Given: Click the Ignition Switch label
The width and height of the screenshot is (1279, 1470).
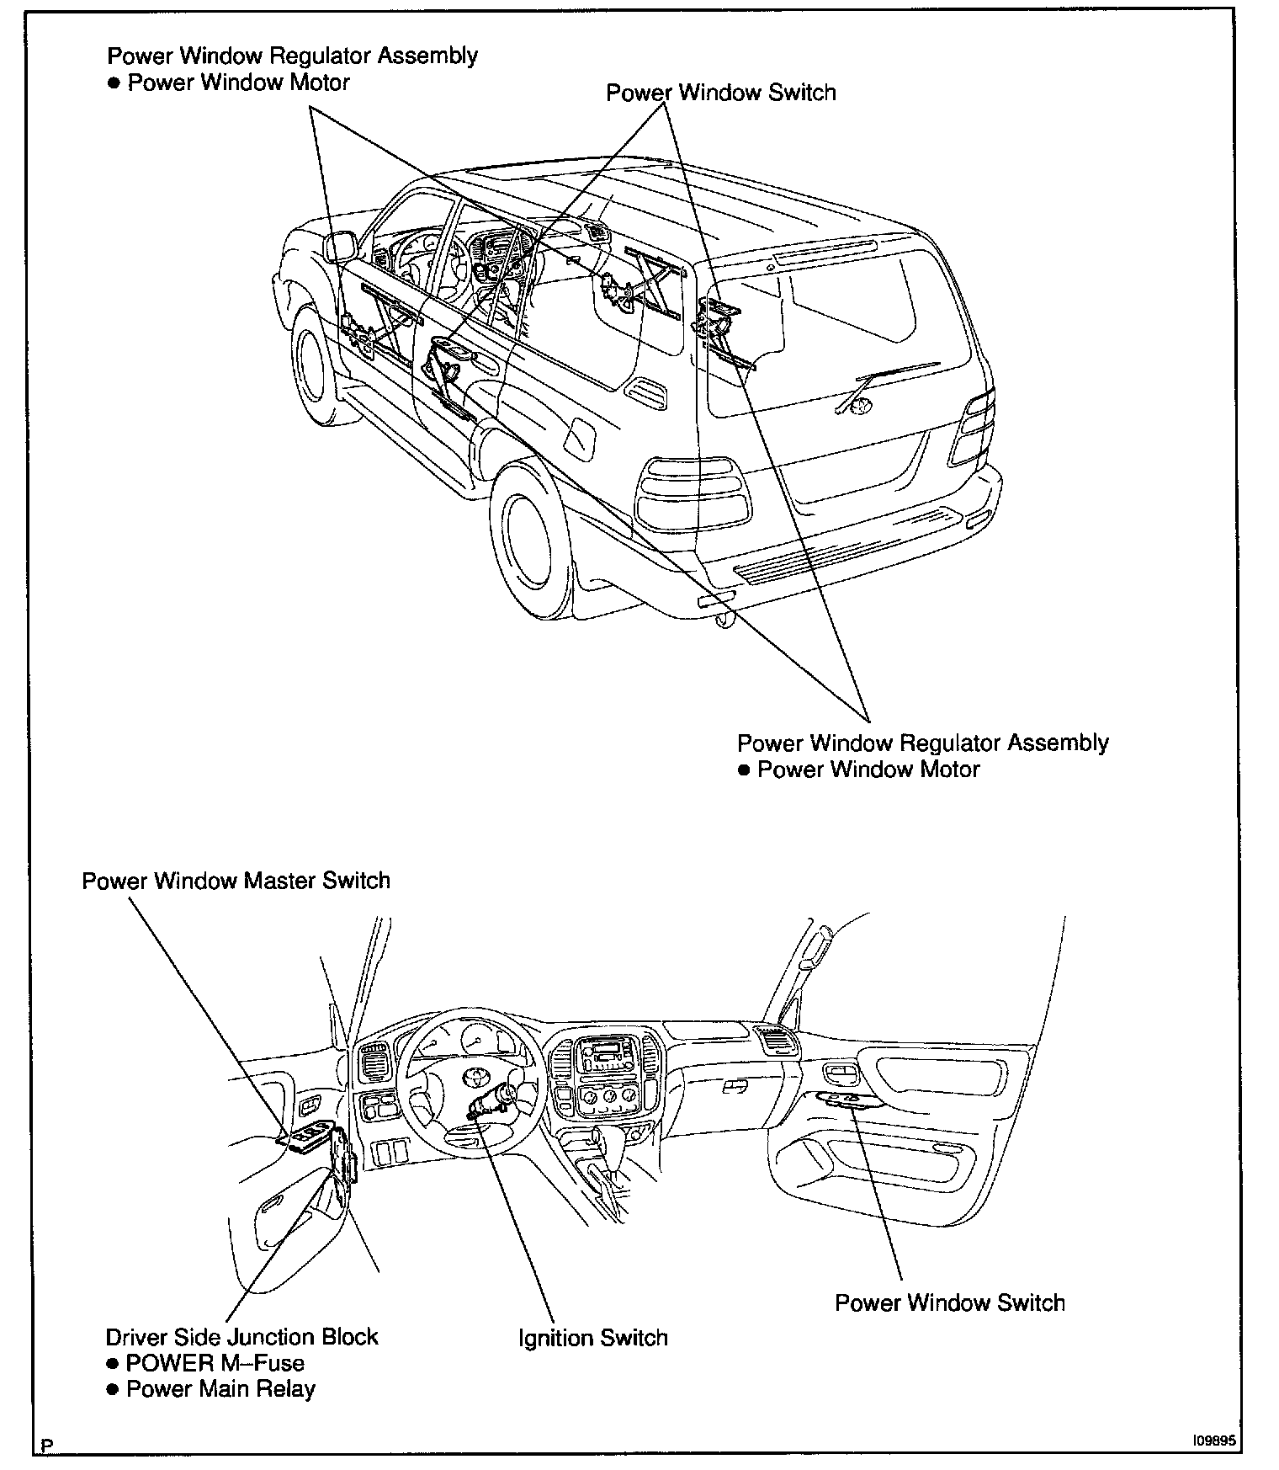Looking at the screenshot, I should pos(592,1338).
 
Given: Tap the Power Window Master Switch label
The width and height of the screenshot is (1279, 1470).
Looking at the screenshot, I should pos(236,881).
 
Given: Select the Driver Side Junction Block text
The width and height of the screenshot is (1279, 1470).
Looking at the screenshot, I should pos(241,1337).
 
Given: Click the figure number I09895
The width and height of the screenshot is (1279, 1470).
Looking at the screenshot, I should pos(1213,1441).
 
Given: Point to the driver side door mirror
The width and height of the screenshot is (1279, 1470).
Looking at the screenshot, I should pos(340,248).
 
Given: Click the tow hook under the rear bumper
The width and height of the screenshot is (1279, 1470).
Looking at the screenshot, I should pos(721,620).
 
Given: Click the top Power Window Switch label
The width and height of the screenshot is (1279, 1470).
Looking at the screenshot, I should pos(720,92).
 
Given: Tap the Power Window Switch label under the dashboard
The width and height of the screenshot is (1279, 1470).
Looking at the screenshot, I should pos(949,1302).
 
